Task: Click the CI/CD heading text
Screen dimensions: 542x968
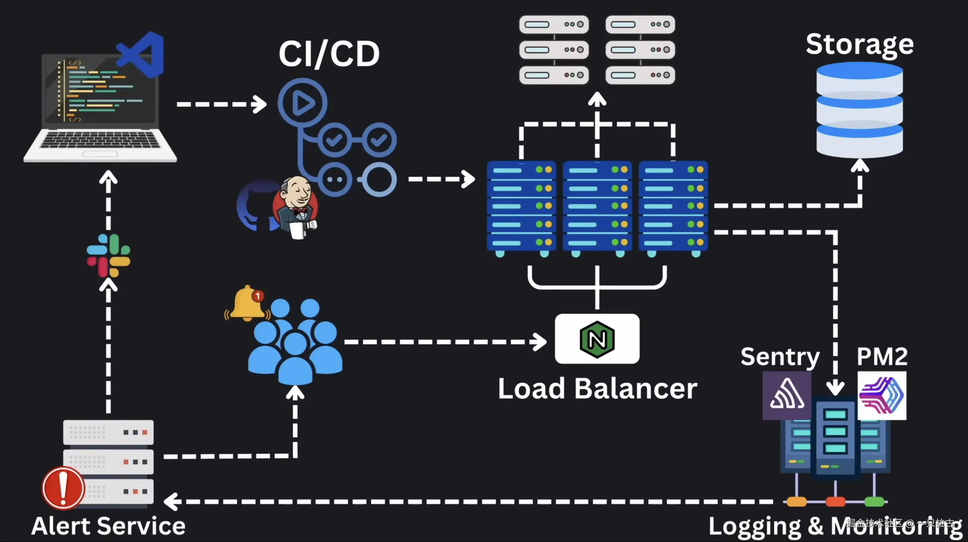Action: (x=329, y=54)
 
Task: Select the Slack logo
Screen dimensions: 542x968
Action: (x=109, y=256)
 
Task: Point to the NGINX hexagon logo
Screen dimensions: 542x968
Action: (x=597, y=339)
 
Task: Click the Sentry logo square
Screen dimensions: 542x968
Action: (x=787, y=395)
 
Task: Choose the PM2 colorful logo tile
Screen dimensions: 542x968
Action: (x=882, y=395)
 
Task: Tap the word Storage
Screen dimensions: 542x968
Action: (x=859, y=45)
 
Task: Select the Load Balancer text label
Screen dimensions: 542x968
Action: (x=597, y=389)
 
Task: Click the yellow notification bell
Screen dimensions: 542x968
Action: (x=247, y=304)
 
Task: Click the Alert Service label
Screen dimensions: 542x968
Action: (x=108, y=526)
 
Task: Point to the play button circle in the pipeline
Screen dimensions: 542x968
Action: (x=302, y=102)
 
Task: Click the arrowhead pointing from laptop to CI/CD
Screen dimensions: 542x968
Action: (x=260, y=104)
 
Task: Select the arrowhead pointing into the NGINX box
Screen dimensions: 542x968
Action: (x=540, y=342)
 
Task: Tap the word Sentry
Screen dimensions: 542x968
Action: (x=780, y=356)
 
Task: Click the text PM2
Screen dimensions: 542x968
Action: (x=882, y=356)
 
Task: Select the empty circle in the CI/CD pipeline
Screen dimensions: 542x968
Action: (x=379, y=180)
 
